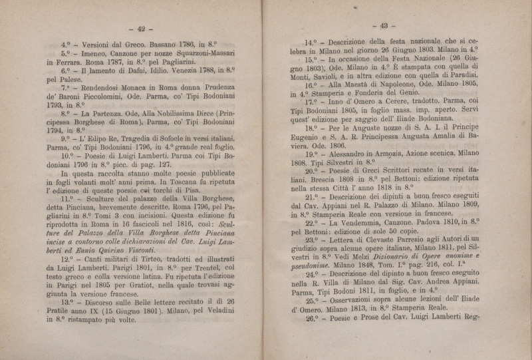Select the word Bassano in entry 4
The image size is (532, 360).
click(x=154, y=45)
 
